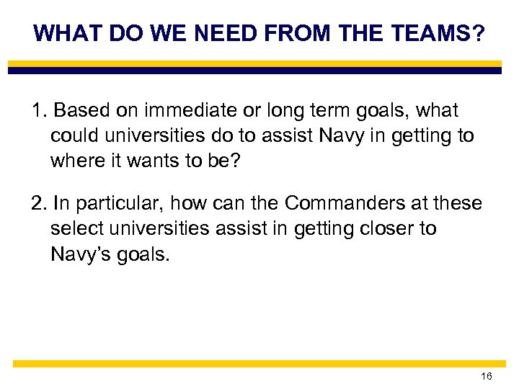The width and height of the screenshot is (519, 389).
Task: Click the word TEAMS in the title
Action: click(x=437, y=33)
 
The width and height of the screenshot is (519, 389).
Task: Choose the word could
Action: click(x=74, y=135)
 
